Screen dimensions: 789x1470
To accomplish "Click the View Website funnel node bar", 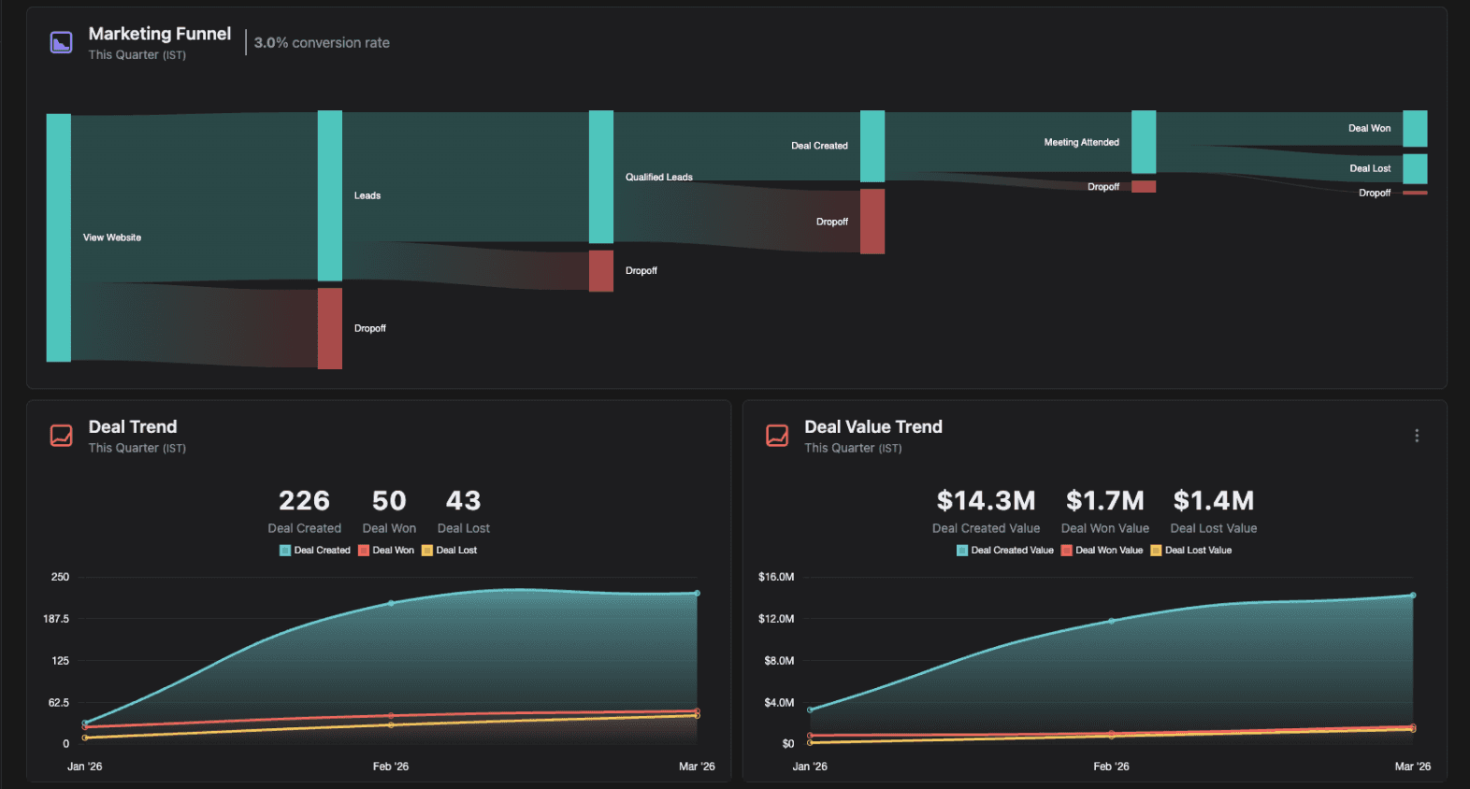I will [59, 237].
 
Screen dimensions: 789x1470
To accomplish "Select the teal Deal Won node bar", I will [1415, 129].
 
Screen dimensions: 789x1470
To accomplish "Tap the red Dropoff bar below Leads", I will [330, 328].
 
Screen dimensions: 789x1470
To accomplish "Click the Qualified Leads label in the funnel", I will [659, 177].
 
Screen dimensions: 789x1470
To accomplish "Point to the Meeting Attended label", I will [1081, 142].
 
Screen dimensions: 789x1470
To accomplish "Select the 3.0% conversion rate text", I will [322, 43].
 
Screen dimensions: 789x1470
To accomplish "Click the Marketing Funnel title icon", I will [62, 43].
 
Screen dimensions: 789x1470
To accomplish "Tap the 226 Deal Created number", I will [304, 501].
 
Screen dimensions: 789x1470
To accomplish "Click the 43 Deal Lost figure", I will [463, 501].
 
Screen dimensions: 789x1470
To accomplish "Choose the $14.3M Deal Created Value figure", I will [986, 501].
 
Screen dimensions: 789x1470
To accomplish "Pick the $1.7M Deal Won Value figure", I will [1104, 501].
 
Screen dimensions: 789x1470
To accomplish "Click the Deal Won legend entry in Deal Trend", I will [386, 551].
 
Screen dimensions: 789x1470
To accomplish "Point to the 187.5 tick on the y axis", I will [56, 619].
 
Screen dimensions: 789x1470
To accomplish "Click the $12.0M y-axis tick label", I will [776, 619].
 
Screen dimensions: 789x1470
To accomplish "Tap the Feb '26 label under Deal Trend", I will [391, 767].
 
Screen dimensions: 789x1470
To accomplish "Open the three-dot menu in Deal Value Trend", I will [1417, 436].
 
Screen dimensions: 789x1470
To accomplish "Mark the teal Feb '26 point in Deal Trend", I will [391, 603].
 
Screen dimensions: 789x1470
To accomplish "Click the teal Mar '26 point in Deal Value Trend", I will [1413, 595].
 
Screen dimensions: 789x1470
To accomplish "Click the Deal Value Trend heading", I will [873, 427].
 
